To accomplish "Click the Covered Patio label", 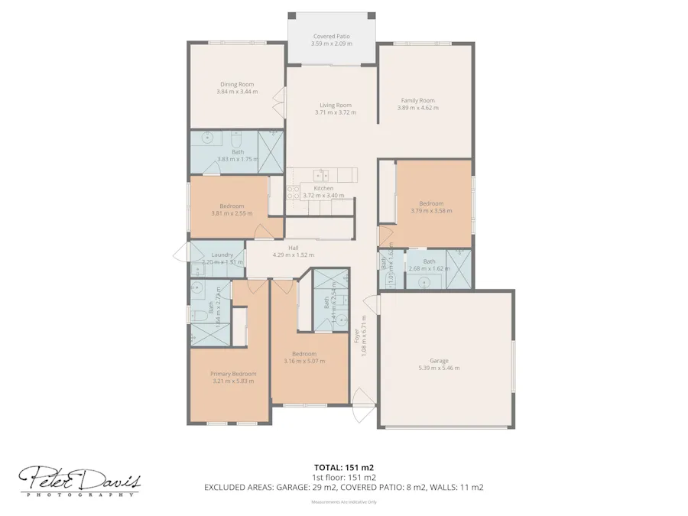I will click(x=332, y=37).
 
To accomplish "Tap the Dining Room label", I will click(x=237, y=84).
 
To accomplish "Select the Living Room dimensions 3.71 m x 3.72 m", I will click(x=335, y=112).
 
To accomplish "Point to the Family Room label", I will click(x=417, y=100).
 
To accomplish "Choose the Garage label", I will click(x=439, y=361).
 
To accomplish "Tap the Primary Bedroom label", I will click(x=233, y=374).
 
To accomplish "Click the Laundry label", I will click(x=222, y=255).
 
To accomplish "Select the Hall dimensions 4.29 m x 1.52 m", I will click(x=294, y=255).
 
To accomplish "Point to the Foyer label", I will click(x=356, y=336).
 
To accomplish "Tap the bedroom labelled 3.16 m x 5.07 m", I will click(x=304, y=358).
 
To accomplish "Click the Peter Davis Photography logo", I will click(x=80, y=482).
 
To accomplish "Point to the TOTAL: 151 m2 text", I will click(x=343, y=466).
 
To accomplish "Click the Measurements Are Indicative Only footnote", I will click(x=343, y=502).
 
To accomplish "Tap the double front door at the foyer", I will click(x=362, y=405).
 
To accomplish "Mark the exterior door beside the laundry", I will click(x=181, y=254).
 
